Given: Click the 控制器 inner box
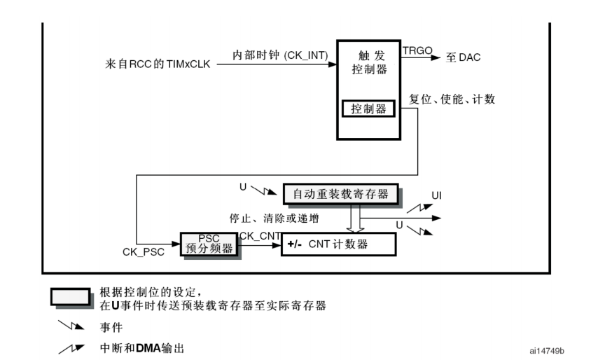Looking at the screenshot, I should [x=368, y=109].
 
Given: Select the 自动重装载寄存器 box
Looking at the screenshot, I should [x=340, y=193].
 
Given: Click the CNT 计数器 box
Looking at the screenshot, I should [x=338, y=244].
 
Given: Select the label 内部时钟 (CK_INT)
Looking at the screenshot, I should [x=280, y=54].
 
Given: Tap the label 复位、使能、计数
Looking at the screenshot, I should [x=452, y=99].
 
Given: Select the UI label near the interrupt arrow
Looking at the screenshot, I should [x=436, y=195].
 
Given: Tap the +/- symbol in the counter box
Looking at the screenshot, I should [x=295, y=244].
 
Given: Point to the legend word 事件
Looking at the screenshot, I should [x=111, y=326].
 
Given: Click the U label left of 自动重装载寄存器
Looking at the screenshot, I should [x=243, y=187].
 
